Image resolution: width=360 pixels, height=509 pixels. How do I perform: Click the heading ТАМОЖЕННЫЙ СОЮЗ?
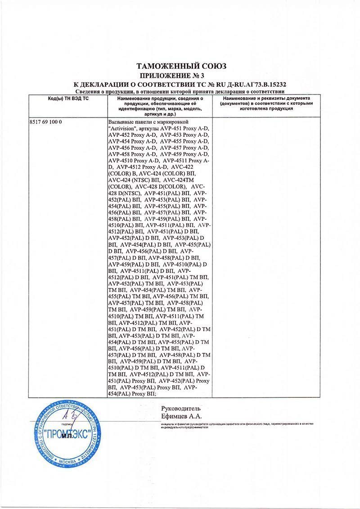(x=181, y=66)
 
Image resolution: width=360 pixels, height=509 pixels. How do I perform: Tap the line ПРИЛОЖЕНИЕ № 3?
(x=180, y=75)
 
